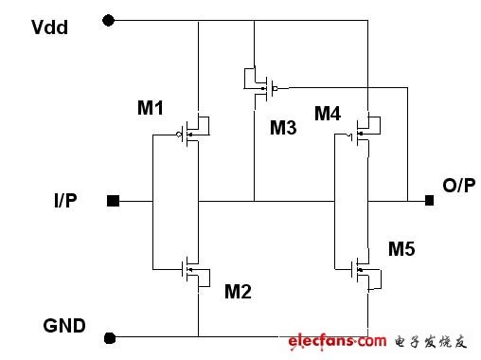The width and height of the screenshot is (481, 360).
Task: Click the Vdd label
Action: tap(49, 27)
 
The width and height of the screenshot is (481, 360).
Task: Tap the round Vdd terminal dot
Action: tap(109, 21)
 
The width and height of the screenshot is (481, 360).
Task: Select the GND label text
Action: tap(64, 326)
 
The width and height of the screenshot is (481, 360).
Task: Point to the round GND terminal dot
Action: tap(110, 338)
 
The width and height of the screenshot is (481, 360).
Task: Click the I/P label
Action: tap(65, 200)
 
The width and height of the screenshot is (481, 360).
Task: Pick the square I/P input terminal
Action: tap(114, 201)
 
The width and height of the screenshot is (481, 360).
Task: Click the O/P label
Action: tap(459, 185)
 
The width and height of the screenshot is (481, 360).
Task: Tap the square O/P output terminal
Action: tap(429, 200)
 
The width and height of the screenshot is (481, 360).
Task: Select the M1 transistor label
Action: tap(151, 108)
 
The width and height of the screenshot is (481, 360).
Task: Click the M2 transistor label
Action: tap(238, 291)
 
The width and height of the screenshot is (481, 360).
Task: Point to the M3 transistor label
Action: tap(283, 128)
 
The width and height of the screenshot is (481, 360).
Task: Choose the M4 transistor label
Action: tap(328, 114)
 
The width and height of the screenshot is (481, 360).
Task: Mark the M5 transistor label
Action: tap(401, 248)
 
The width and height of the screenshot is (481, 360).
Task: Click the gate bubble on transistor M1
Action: tap(179, 135)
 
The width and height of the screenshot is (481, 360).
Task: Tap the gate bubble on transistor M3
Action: tap(276, 88)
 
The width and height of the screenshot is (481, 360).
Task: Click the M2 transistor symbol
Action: tap(196, 272)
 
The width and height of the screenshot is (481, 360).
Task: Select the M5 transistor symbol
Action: tap(366, 272)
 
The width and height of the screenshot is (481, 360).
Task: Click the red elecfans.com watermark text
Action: tap(337, 341)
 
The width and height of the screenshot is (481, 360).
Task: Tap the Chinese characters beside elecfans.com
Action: tap(431, 342)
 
